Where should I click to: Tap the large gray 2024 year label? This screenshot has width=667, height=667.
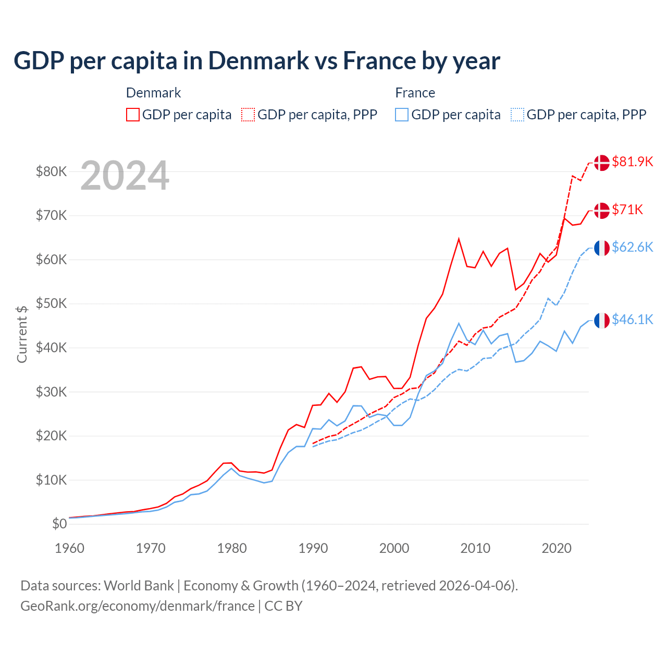(x=125, y=176)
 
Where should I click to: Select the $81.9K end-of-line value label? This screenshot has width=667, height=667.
(x=632, y=162)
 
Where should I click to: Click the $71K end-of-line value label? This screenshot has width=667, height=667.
(x=627, y=209)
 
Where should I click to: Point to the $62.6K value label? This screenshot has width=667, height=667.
(x=632, y=247)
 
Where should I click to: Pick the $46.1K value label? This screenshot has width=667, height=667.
(x=632, y=319)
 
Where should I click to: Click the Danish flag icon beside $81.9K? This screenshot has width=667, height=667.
(x=602, y=163)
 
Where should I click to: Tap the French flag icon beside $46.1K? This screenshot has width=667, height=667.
(x=602, y=320)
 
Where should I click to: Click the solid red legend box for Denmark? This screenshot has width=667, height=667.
(x=133, y=115)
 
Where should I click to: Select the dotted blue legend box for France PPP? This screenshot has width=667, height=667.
(x=517, y=115)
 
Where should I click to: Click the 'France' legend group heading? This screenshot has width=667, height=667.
(x=415, y=93)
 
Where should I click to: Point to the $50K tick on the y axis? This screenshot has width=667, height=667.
(x=51, y=303)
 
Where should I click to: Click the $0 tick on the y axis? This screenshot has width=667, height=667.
(x=59, y=524)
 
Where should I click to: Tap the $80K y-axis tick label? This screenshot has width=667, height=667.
(x=51, y=171)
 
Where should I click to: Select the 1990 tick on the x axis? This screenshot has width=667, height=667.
(x=313, y=548)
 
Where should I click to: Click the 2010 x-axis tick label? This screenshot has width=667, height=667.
(x=475, y=548)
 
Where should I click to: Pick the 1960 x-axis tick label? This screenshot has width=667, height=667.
(x=69, y=548)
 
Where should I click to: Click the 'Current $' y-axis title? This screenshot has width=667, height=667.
(x=22, y=334)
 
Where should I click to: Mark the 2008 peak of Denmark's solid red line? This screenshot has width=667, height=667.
(x=459, y=239)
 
